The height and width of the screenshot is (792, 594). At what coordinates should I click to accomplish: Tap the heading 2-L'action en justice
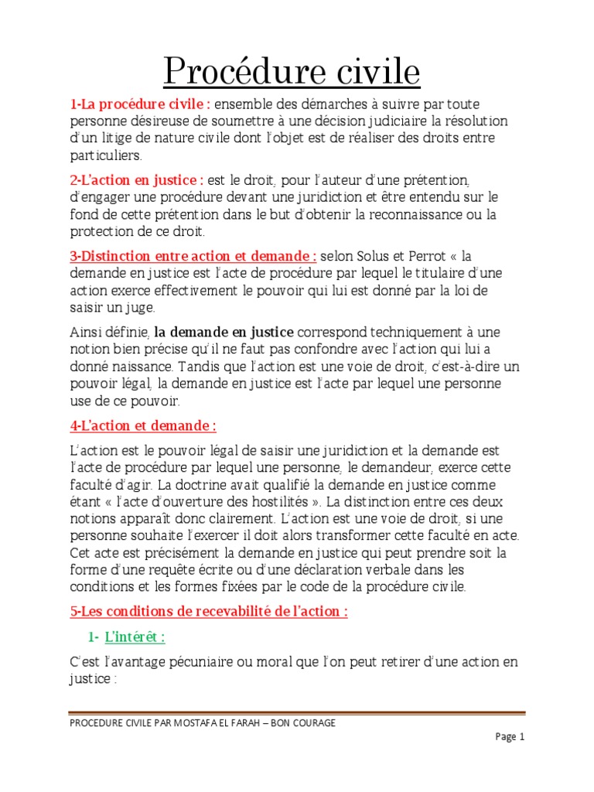137,180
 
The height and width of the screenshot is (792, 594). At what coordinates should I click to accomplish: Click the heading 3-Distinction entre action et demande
193,256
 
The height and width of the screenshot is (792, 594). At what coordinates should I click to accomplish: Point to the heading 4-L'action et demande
143,426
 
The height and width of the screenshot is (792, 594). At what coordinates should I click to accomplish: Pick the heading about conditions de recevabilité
209,612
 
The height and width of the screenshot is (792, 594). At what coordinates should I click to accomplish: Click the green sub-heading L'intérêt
135,637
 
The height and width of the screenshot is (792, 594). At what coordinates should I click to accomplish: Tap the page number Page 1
510,737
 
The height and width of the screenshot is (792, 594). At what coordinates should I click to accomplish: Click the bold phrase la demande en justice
224,332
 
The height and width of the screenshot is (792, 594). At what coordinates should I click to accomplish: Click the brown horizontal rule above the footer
297,713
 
